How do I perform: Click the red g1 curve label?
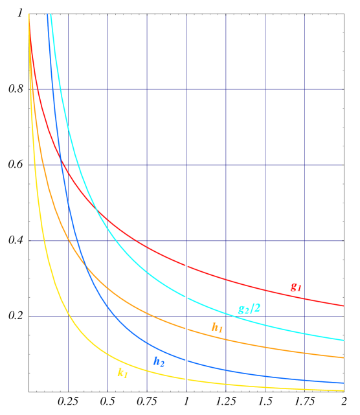(x=295, y=288)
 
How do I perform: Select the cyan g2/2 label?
(x=249, y=309)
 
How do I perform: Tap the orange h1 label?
(x=217, y=328)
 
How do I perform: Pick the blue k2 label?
(x=159, y=362)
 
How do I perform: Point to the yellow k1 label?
(x=122, y=372)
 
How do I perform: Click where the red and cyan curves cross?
(x=96, y=208)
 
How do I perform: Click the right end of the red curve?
(x=343, y=305)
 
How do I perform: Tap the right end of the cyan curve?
(x=343, y=340)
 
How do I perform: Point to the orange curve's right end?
(x=343, y=357)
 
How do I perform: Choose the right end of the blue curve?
(x=343, y=383)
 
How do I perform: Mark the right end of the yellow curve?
(x=343, y=391)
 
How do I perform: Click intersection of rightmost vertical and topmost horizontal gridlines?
(x=304, y=89)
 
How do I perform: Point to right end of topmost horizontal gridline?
(x=342, y=89)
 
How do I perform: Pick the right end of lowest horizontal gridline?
(x=342, y=317)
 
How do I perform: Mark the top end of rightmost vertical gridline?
(x=304, y=14)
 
